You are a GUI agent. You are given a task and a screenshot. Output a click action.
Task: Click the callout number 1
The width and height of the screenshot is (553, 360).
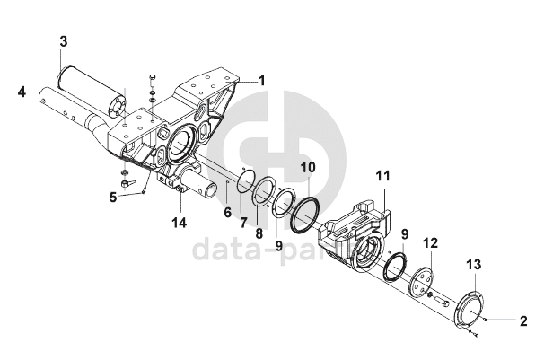(262, 80)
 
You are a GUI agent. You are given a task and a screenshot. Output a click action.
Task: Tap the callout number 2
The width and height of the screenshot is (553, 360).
(524, 319)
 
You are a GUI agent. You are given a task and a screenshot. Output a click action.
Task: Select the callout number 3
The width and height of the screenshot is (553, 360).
(63, 41)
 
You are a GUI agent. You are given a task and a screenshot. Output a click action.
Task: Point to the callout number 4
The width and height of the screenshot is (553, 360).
(21, 91)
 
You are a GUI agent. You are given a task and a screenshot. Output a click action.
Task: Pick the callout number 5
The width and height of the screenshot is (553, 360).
(113, 197)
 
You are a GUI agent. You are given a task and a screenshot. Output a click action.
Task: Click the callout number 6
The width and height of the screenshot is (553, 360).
(227, 213)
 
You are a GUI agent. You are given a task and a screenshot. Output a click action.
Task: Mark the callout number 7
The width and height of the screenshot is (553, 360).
(242, 221)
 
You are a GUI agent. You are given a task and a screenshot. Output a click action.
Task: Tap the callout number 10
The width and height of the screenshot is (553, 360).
(307, 167)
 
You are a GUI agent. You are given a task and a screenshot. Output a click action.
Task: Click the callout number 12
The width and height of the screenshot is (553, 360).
(431, 242)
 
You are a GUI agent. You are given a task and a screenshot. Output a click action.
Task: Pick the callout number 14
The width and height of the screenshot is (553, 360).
(179, 222)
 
